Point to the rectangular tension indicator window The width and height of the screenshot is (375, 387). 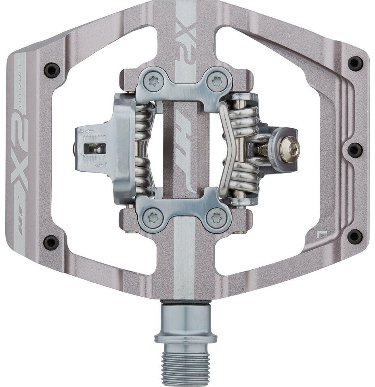[x=94, y=149]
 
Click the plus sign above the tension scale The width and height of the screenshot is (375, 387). [x=81, y=131]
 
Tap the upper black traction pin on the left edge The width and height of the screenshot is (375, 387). [x=52, y=70]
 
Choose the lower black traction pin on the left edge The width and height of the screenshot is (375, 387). [x=51, y=243]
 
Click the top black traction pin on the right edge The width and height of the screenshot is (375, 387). [x=355, y=63]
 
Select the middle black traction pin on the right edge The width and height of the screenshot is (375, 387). [x=355, y=150]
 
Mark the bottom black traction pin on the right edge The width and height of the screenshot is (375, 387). [x=354, y=237]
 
